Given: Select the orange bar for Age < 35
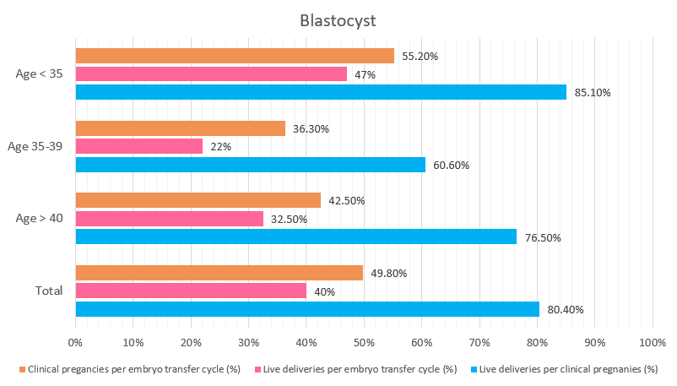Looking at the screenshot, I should [x=235, y=56].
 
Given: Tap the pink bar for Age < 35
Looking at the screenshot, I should [x=211, y=74].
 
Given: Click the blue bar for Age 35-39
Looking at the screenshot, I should [x=251, y=165].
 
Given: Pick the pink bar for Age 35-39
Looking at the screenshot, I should [x=139, y=146].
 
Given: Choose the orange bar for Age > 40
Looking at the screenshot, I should [x=198, y=200].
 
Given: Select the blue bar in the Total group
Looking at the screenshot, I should [x=307, y=309].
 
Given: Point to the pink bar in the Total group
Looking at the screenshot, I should [x=191, y=291].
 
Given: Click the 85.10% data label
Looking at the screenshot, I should [x=593, y=93].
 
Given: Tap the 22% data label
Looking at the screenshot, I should [x=221, y=147].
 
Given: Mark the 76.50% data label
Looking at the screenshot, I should [x=543, y=237].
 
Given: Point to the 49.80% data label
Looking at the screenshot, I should [x=389, y=273].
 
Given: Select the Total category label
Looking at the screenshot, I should [x=49, y=291].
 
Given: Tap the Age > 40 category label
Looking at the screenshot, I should [x=40, y=218].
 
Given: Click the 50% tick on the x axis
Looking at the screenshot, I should [x=364, y=342].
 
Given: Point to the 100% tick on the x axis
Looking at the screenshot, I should [x=653, y=342].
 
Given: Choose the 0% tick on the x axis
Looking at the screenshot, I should [x=75, y=342].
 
